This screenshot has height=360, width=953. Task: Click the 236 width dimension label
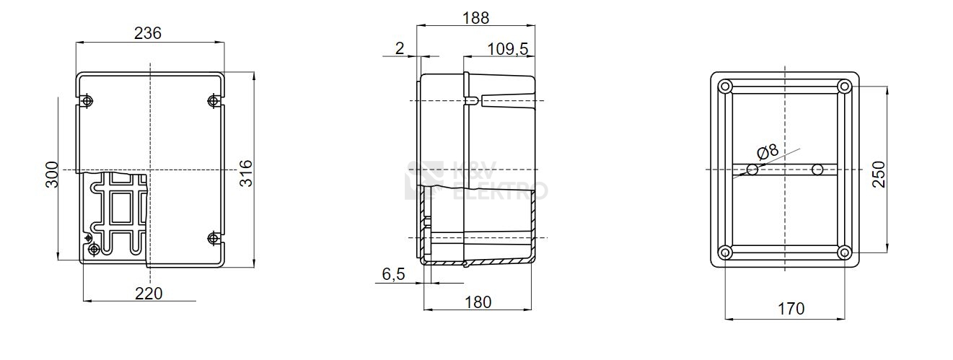point(148,33)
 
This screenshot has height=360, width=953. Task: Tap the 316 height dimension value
point(246,174)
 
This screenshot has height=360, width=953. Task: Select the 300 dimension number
point(52,175)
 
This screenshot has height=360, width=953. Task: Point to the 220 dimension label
point(149,294)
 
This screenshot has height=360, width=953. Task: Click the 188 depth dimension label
point(475,18)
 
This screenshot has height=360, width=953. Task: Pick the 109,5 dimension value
point(508,49)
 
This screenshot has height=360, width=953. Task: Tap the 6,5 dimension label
point(394,274)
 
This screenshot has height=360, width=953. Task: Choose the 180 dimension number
point(478,302)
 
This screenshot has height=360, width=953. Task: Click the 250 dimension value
point(879,175)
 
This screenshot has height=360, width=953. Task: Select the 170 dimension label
point(791,309)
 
